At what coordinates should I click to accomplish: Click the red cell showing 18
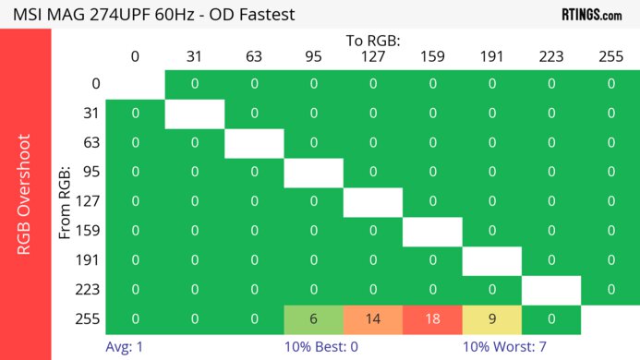pos(432,319)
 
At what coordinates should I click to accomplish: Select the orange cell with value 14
pos(373,319)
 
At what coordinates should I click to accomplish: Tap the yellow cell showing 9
pos(491,319)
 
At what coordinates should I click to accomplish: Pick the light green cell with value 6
pos(313,319)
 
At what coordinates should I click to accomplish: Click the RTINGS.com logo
pos(591,14)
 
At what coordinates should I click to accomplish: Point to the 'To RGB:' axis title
pos(373,41)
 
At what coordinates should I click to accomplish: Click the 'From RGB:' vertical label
pos(66,202)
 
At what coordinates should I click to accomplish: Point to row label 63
pos(89,143)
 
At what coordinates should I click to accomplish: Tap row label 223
pos(89,290)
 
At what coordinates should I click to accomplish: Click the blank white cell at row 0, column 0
pos(135,84)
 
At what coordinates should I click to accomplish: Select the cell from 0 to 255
pos(610,84)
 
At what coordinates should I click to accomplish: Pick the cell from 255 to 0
pos(135,319)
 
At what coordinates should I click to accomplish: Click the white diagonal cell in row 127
pos(373,202)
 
